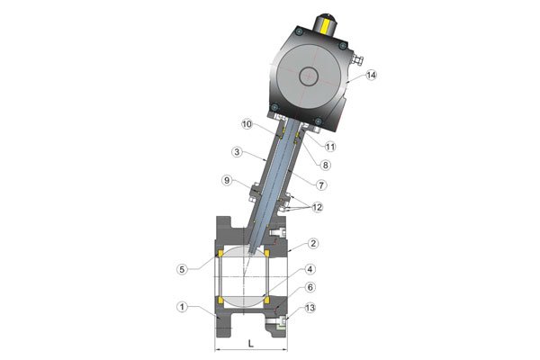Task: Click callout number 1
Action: tap(183, 307)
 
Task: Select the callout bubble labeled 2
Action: tap(312, 244)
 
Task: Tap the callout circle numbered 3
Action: tap(237, 152)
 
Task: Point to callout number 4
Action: tap(310, 269)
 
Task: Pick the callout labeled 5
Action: tap(183, 269)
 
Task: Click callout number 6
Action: tap(310, 287)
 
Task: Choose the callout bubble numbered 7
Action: tap(321, 185)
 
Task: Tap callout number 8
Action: tap(325, 165)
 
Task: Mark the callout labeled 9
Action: tap(227, 180)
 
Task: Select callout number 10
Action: tap(247, 124)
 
